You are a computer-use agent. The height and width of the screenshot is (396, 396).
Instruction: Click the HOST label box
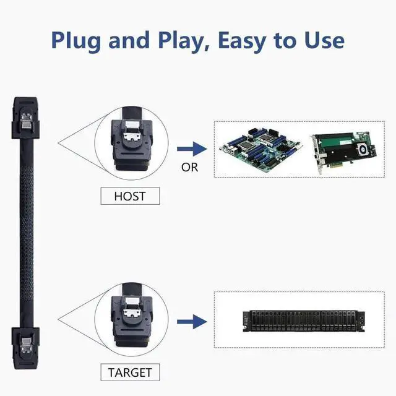coord(130,196)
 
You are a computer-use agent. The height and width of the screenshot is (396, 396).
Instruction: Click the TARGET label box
coord(130,372)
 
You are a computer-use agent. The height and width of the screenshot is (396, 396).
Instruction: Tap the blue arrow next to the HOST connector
coord(190,148)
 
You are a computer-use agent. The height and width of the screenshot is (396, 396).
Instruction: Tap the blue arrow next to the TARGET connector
coord(190,322)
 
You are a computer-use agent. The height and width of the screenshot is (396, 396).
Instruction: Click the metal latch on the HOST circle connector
coord(131,134)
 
